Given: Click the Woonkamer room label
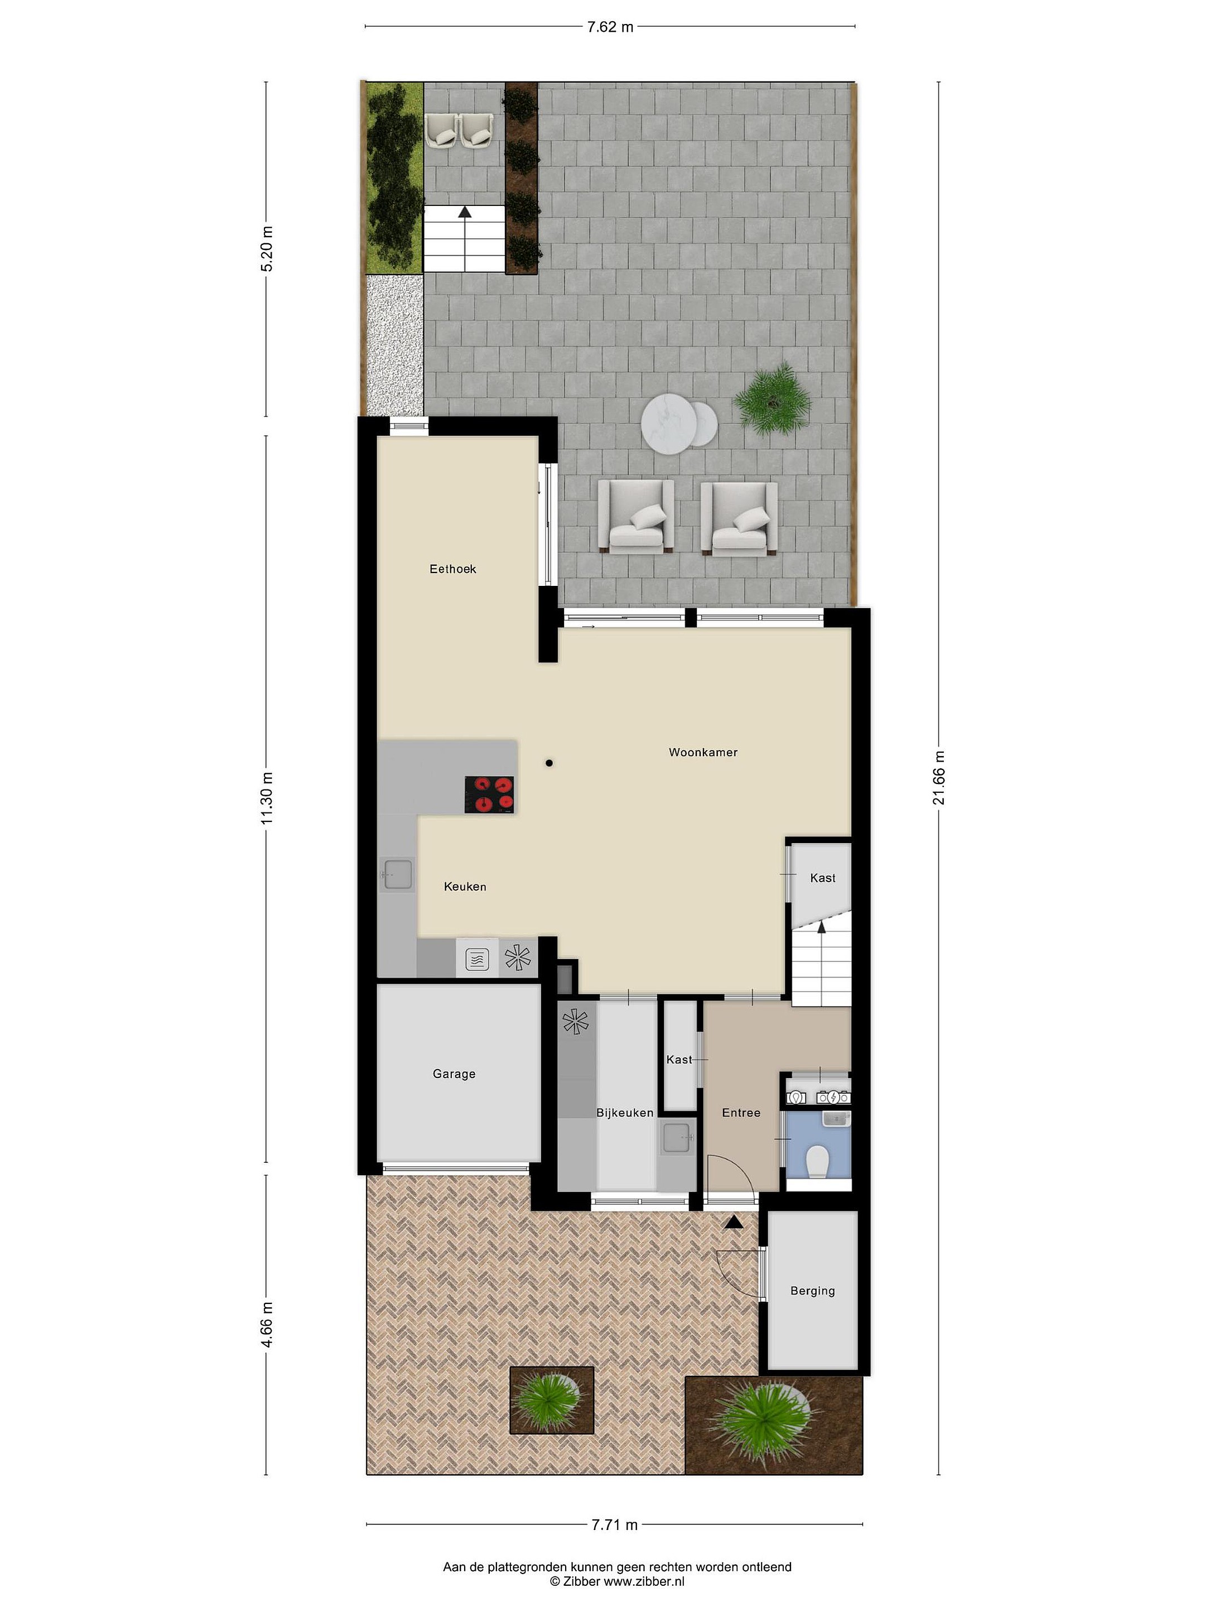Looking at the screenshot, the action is tap(703, 752).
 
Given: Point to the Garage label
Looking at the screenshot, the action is tap(454, 1074).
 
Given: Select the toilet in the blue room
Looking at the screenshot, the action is tap(817, 1161).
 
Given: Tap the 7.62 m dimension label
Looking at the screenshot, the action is tap(610, 27).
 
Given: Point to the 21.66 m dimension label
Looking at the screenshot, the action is tap(938, 777).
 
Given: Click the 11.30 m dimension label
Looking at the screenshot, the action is tap(267, 798).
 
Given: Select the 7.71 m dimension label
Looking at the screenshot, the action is tap(614, 1524).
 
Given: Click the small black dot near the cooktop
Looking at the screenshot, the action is tap(550, 763).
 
